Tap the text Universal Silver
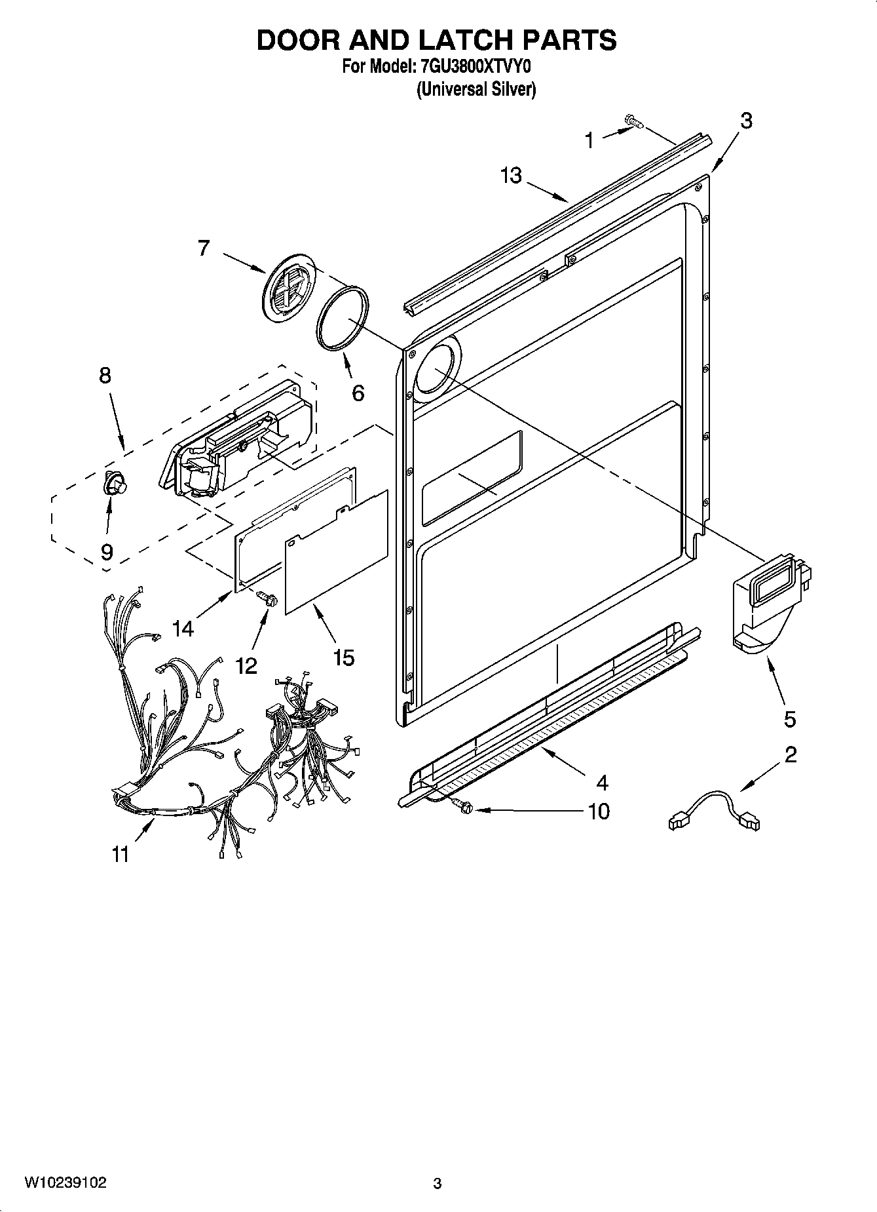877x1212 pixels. [476, 90]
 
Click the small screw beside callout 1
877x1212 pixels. [633, 121]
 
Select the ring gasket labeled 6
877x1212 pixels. [343, 319]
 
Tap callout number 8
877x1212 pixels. [105, 376]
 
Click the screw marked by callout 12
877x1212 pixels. [268, 597]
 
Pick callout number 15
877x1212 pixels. [343, 657]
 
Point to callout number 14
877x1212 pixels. [183, 628]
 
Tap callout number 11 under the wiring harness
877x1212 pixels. [121, 854]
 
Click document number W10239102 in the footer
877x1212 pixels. [65, 1182]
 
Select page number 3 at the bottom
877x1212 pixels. [438, 1183]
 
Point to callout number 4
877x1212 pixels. [602, 782]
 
